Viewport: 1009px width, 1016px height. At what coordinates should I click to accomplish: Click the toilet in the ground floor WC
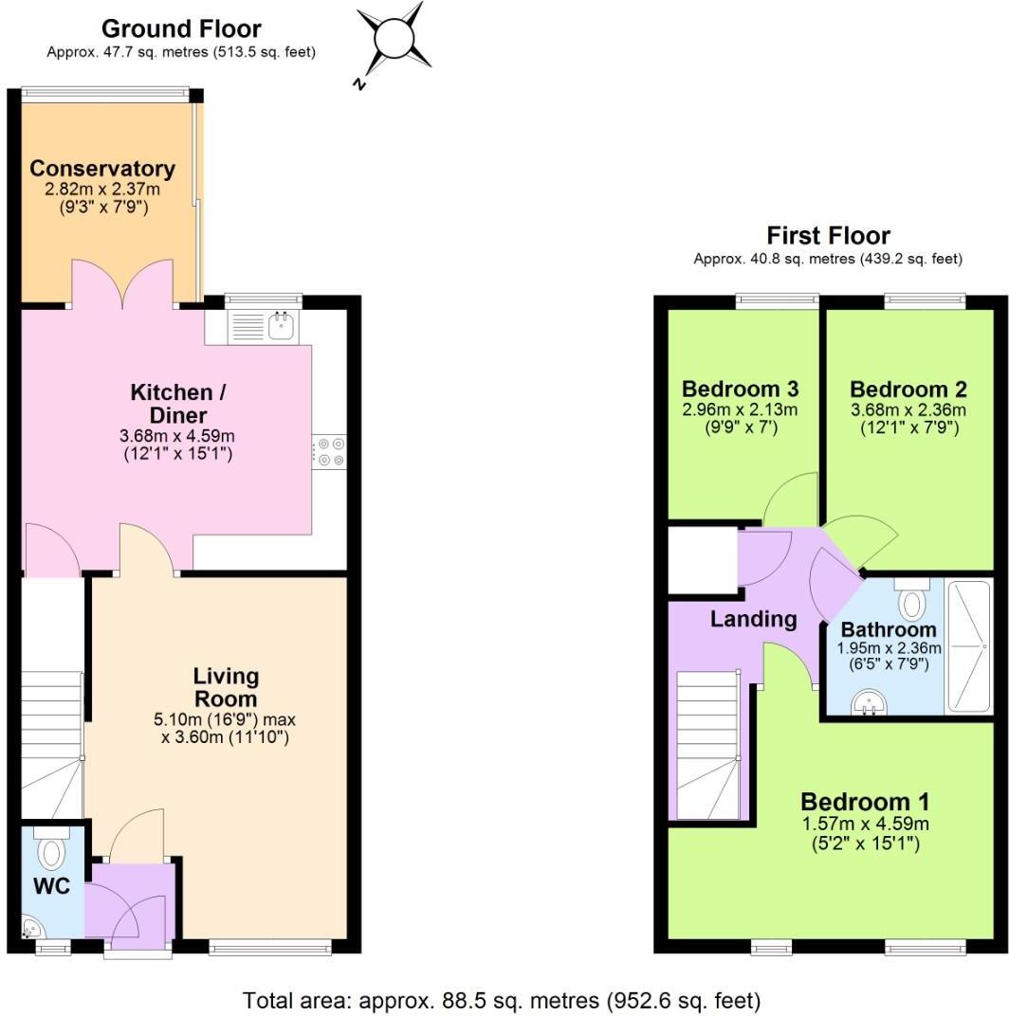coord(50,850)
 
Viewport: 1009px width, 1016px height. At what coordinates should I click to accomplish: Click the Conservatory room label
coord(102,169)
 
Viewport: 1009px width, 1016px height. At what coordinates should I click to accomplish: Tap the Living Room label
coord(226,687)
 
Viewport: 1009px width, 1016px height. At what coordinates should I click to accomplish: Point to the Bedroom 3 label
coord(740,389)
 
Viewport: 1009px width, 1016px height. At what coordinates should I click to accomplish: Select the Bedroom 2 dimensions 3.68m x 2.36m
coord(908,410)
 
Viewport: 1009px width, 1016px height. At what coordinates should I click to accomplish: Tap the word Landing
coord(753,619)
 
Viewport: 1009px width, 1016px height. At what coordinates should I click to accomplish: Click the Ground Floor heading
coord(181,28)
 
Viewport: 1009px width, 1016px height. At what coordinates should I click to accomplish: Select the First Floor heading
coord(828,235)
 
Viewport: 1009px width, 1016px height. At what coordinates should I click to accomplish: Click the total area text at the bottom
coord(502,1000)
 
